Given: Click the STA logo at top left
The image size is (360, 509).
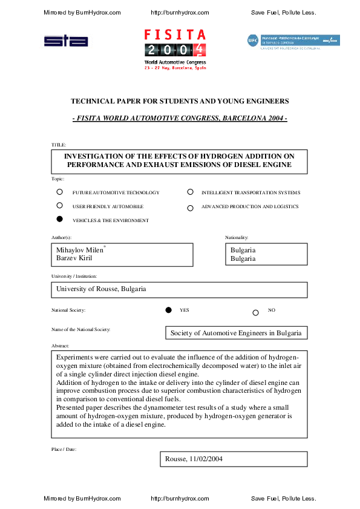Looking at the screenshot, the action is tap(66, 41).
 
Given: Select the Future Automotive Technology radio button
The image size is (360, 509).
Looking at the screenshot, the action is tap(59, 192).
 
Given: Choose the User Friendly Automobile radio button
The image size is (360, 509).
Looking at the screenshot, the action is tap(59, 206).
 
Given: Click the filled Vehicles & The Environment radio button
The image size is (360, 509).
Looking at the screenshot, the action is tap(59, 220).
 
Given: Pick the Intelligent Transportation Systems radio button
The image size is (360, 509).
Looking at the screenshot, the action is tap(190, 192).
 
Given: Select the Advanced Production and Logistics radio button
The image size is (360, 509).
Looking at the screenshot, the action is tap(190, 207).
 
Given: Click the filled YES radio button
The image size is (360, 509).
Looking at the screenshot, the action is tap(169, 310).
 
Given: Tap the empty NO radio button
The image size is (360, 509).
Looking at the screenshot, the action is tap(255, 312).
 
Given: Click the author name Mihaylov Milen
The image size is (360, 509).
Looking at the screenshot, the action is tap(79, 250).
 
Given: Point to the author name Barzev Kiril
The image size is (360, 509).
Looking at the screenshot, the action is tap(74, 258).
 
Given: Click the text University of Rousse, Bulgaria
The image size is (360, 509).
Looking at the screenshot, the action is tap(101, 289).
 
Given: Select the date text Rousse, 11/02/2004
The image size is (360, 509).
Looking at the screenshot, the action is tap(194, 459).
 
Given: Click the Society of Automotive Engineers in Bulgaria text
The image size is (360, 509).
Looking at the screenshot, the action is tap(235, 332).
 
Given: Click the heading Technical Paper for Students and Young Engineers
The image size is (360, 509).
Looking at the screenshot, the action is tap(180, 100).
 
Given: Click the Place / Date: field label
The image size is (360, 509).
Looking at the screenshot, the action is tap(64, 448).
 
